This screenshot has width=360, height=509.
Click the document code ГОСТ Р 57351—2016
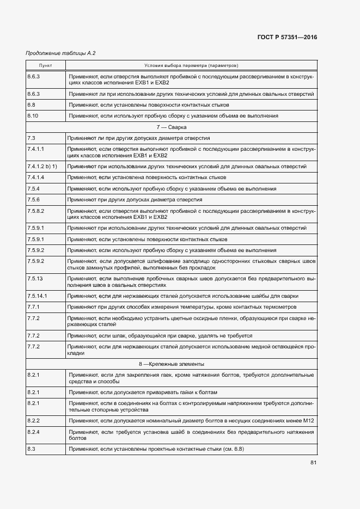tap(286, 38)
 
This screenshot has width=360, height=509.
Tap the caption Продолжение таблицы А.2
tap(53, 53)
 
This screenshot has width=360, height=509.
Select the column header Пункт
tap(45, 65)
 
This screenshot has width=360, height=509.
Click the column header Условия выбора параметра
tap(191, 65)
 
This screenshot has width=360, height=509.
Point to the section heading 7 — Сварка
tap(191, 127)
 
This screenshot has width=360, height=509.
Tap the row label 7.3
tap(31, 138)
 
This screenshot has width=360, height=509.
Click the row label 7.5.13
tap(35, 278)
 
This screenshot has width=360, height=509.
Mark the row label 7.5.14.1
tap(37, 296)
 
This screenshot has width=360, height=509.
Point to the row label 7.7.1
tap(33, 307)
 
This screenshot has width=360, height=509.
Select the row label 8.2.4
tap(33, 432)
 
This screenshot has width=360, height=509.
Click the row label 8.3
tap(31, 449)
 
